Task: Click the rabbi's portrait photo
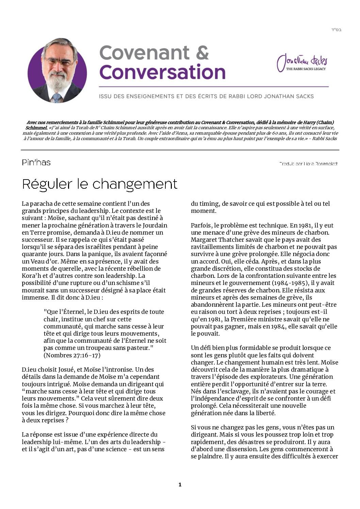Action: click(x=57, y=70)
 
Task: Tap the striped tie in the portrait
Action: click(x=56, y=98)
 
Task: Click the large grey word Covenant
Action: click(x=144, y=53)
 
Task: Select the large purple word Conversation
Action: click(x=162, y=72)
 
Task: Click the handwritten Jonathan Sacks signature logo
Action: click(x=302, y=61)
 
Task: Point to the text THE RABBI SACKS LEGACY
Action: click(x=306, y=69)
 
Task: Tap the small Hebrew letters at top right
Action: click(x=336, y=30)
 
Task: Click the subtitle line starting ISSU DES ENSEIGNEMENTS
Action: click(x=206, y=96)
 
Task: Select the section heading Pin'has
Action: click(x=36, y=163)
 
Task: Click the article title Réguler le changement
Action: click(x=100, y=184)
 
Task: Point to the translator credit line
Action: click(x=308, y=164)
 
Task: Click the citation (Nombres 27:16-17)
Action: click(x=72, y=355)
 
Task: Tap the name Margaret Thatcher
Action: click(x=214, y=240)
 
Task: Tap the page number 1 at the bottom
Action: click(x=180, y=485)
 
